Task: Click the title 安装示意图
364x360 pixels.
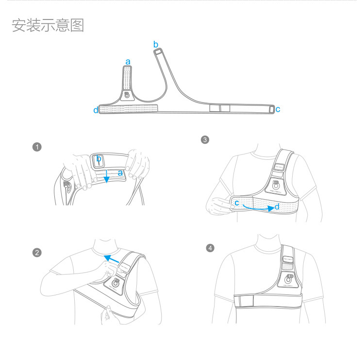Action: [48, 25]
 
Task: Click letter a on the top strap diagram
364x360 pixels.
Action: [128, 62]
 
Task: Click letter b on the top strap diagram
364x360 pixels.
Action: [156, 45]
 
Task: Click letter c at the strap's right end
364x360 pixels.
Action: [278, 109]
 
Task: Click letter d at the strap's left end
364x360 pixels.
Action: [96, 110]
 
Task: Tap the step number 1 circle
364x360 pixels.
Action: [37, 147]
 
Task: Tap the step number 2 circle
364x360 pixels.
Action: [37, 252]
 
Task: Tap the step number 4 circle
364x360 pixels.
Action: [210, 248]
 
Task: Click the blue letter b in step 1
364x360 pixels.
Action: [99, 158]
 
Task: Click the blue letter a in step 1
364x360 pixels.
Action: [120, 172]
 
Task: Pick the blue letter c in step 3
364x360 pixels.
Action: [237, 202]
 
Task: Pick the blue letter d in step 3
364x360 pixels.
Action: [277, 207]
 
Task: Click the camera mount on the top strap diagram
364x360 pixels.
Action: [127, 95]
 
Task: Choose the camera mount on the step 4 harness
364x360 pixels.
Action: [289, 279]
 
